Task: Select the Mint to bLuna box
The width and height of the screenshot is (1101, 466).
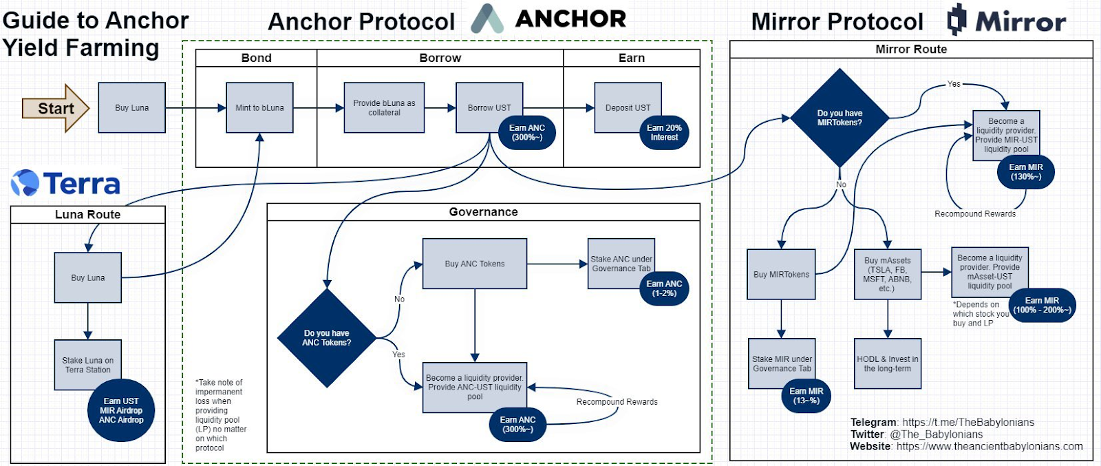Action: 259,107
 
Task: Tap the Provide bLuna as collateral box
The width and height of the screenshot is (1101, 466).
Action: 384,107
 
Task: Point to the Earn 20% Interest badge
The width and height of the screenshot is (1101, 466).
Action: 664,133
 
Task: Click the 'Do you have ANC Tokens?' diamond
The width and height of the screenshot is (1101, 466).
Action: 326,338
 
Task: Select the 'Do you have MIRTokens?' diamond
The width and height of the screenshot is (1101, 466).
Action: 840,118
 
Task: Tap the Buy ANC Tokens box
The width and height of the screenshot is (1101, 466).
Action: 475,264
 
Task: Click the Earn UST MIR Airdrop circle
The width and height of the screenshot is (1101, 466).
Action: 121,410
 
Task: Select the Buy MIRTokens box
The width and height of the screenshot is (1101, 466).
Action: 781,274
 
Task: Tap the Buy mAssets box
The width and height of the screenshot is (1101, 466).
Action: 887,274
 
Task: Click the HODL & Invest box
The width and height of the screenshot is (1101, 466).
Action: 887,363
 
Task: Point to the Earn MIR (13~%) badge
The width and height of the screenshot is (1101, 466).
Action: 806,396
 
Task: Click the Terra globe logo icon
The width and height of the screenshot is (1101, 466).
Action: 25,183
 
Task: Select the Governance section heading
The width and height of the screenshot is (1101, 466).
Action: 483,212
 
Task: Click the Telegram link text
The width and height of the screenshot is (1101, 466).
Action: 968,422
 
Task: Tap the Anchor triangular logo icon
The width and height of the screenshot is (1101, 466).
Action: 487,19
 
